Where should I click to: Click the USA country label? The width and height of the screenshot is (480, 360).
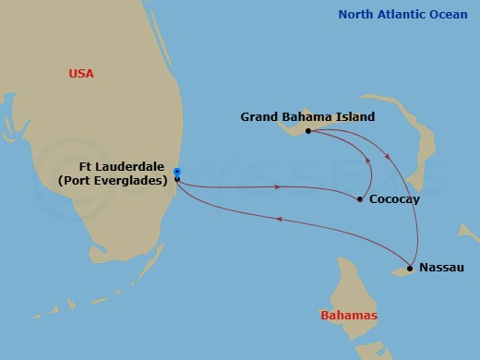click(81, 73)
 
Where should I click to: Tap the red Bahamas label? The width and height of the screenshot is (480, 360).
click(347, 315)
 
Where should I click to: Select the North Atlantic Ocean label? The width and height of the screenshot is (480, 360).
click(403, 14)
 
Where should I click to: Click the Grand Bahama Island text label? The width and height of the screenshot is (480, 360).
click(307, 116)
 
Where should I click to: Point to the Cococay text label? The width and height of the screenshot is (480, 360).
click(390, 198)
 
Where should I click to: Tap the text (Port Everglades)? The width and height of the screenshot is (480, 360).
click(113, 181)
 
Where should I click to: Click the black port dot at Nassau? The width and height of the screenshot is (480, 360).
click(410, 269)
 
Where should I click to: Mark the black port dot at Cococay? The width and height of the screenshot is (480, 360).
click(359, 198)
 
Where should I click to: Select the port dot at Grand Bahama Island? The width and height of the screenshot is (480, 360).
click(308, 131)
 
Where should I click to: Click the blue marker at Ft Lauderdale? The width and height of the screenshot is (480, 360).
click(176, 172)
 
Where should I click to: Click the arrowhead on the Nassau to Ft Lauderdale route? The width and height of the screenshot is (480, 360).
click(278, 219)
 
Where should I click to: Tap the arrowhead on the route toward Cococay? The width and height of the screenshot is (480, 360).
click(277, 187)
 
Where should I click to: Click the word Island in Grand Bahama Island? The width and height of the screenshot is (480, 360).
click(356, 116)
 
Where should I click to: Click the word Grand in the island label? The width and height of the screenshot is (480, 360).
click(259, 116)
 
